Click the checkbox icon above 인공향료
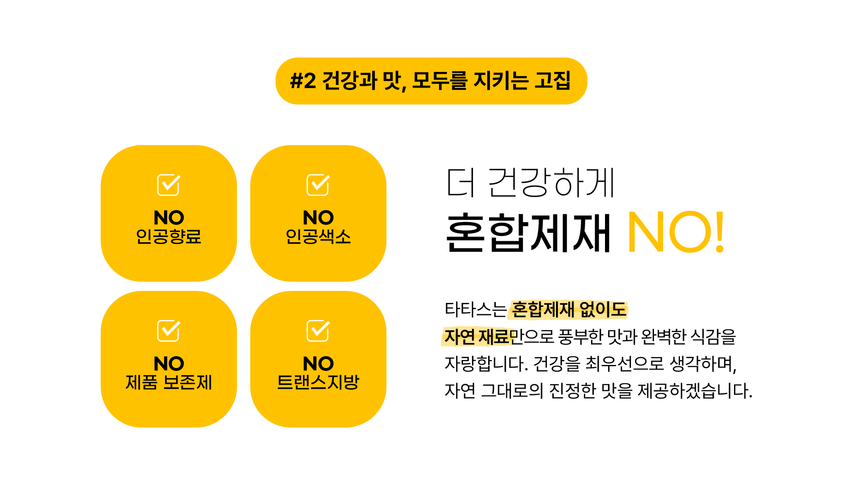169,185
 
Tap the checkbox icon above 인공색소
318,185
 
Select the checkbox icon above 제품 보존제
169,331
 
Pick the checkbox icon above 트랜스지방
318,331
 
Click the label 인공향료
169,236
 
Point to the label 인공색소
318,236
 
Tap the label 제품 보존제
169,382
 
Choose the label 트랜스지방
318,382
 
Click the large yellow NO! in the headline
676,232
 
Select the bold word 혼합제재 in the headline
528,233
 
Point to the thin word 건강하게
551,182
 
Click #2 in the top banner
303,81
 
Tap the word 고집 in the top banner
552,81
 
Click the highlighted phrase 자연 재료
477,337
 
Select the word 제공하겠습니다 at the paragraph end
694,391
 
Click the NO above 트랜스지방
318,363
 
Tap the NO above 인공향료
169,218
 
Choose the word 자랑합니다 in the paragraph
485,364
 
